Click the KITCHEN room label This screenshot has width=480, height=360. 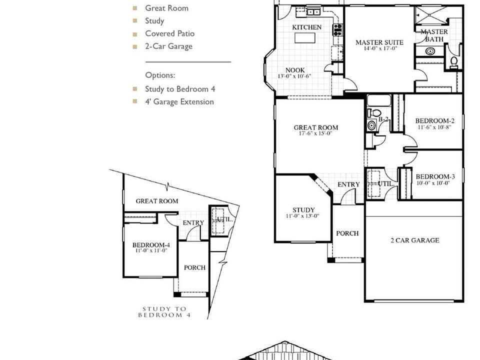point(306,27)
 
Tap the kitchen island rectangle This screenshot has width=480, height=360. point(305,38)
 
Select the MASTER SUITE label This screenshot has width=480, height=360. point(379,42)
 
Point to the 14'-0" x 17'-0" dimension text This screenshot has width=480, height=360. point(380,48)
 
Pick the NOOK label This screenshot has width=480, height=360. point(295,70)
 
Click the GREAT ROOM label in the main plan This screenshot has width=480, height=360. point(316,127)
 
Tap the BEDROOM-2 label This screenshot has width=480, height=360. point(434,120)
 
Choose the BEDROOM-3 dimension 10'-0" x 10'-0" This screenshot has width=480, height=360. point(433,183)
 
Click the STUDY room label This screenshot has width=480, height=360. point(303,210)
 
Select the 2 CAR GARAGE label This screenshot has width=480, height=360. point(415,240)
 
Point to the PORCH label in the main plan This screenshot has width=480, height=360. point(347,233)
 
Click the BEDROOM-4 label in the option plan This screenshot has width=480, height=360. point(151,245)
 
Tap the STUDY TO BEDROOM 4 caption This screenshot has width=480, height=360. point(164,312)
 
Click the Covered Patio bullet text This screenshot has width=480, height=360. point(169,33)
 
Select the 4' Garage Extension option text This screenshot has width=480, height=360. point(179,101)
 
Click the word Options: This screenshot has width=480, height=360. point(160,75)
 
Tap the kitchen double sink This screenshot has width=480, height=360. point(313,12)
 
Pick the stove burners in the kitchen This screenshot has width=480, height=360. point(337,29)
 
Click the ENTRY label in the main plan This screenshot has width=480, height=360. point(348,184)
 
